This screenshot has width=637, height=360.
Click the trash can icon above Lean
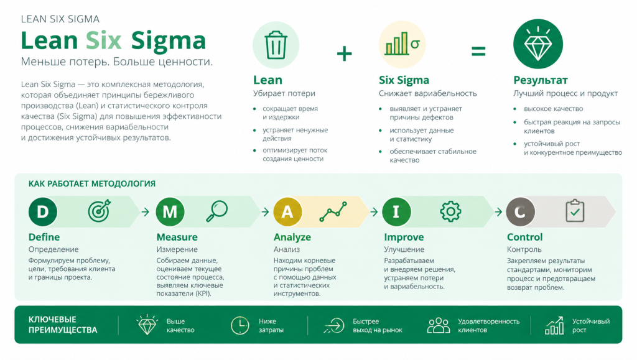276,45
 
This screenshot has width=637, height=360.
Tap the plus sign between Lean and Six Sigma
344,53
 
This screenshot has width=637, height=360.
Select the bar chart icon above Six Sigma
402,44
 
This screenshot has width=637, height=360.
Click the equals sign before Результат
478,51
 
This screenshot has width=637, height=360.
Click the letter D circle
43,211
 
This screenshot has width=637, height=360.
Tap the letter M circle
170,211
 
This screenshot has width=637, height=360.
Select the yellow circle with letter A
287,211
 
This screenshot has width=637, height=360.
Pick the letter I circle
396,211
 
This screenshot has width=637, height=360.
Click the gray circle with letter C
521,211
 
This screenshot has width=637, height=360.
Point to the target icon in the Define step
99,211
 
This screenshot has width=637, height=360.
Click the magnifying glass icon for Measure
216,211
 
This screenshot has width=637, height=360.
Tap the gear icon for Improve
450,211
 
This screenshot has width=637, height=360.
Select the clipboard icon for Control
575,211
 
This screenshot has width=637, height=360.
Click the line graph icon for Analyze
333,211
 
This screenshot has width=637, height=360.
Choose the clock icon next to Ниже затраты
239,326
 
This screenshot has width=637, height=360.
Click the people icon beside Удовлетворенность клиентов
439,326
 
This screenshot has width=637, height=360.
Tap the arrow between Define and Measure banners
146,211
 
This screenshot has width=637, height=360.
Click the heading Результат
541,80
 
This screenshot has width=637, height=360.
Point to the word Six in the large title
104,40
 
